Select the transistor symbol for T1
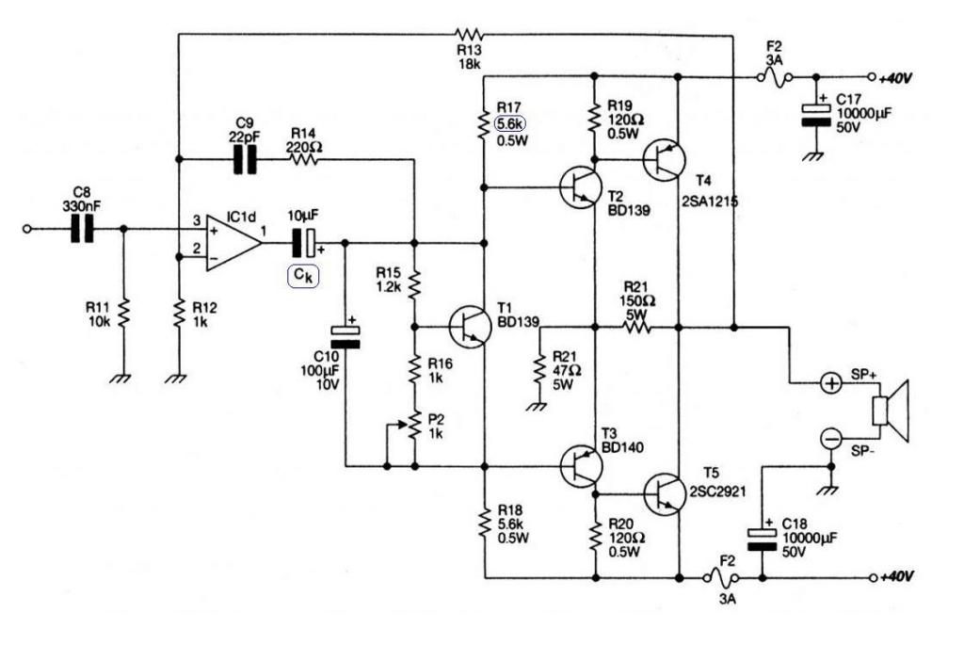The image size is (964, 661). pos(470,327)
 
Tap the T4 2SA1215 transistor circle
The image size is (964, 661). pos(664,160)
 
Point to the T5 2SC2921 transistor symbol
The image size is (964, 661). pos(666,493)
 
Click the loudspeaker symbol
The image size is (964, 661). pos(891,411)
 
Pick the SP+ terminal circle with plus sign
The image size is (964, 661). pos(831,383)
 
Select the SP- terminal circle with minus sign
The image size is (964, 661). pos(831,439)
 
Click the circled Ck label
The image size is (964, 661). pos(304,276)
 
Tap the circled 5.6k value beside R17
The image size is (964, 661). pos(510,123)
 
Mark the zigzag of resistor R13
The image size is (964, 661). pos(470,34)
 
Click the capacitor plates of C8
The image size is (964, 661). pos(83,229)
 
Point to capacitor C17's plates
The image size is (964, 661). pos(816,115)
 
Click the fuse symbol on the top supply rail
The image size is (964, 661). pos(774,78)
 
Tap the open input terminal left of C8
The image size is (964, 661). pos(26,229)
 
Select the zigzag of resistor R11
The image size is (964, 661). pos(124,313)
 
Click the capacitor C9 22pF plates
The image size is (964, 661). pos(245,160)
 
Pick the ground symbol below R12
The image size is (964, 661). pos(176,379)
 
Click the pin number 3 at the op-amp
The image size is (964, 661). pos(197,220)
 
